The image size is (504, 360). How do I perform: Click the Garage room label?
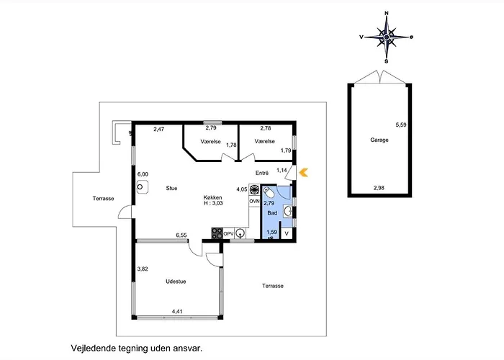click(379, 140)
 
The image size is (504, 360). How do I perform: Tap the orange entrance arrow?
click(303, 173)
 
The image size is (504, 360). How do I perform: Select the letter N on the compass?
click(387, 13)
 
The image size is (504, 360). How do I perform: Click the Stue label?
click(171, 189)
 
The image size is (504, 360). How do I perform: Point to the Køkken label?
click(213, 198)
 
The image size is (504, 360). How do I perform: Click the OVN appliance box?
click(254, 201)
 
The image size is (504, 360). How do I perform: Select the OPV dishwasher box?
click(228, 234)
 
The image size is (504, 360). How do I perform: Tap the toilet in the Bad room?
click(269, 192)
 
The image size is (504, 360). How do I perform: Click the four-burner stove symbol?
click(217, 233)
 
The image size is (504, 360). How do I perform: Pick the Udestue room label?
click(176, 282)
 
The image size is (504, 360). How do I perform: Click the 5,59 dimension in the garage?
click(401, 125)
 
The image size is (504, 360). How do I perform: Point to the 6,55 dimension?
click(181, 235)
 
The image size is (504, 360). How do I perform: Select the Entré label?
click(262, 173)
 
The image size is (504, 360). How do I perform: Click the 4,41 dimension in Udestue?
click(177, 312)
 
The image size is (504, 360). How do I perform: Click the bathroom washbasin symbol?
click(288, 212)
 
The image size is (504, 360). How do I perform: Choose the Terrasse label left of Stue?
click(104, 199)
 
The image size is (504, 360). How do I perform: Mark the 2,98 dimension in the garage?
click(379, 188)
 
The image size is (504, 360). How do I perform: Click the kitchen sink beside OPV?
click(240, 234)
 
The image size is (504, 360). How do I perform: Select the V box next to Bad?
click(287, 234)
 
